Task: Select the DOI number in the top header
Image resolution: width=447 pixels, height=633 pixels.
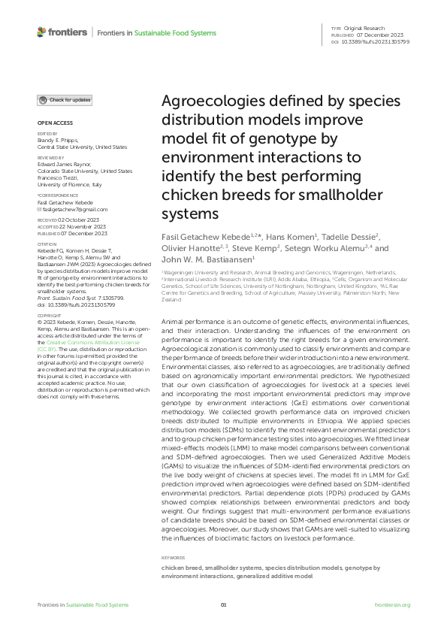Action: pyautogui.click(x=376, y=42)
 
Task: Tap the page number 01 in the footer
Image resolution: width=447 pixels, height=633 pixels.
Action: pyautogui.click(x=223, y=604)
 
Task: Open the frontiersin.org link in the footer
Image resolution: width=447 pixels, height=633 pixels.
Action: pyautogui.click(x=392, y=604)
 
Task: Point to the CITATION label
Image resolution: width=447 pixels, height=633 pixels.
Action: pyautogui.click(x=47, y=244)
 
